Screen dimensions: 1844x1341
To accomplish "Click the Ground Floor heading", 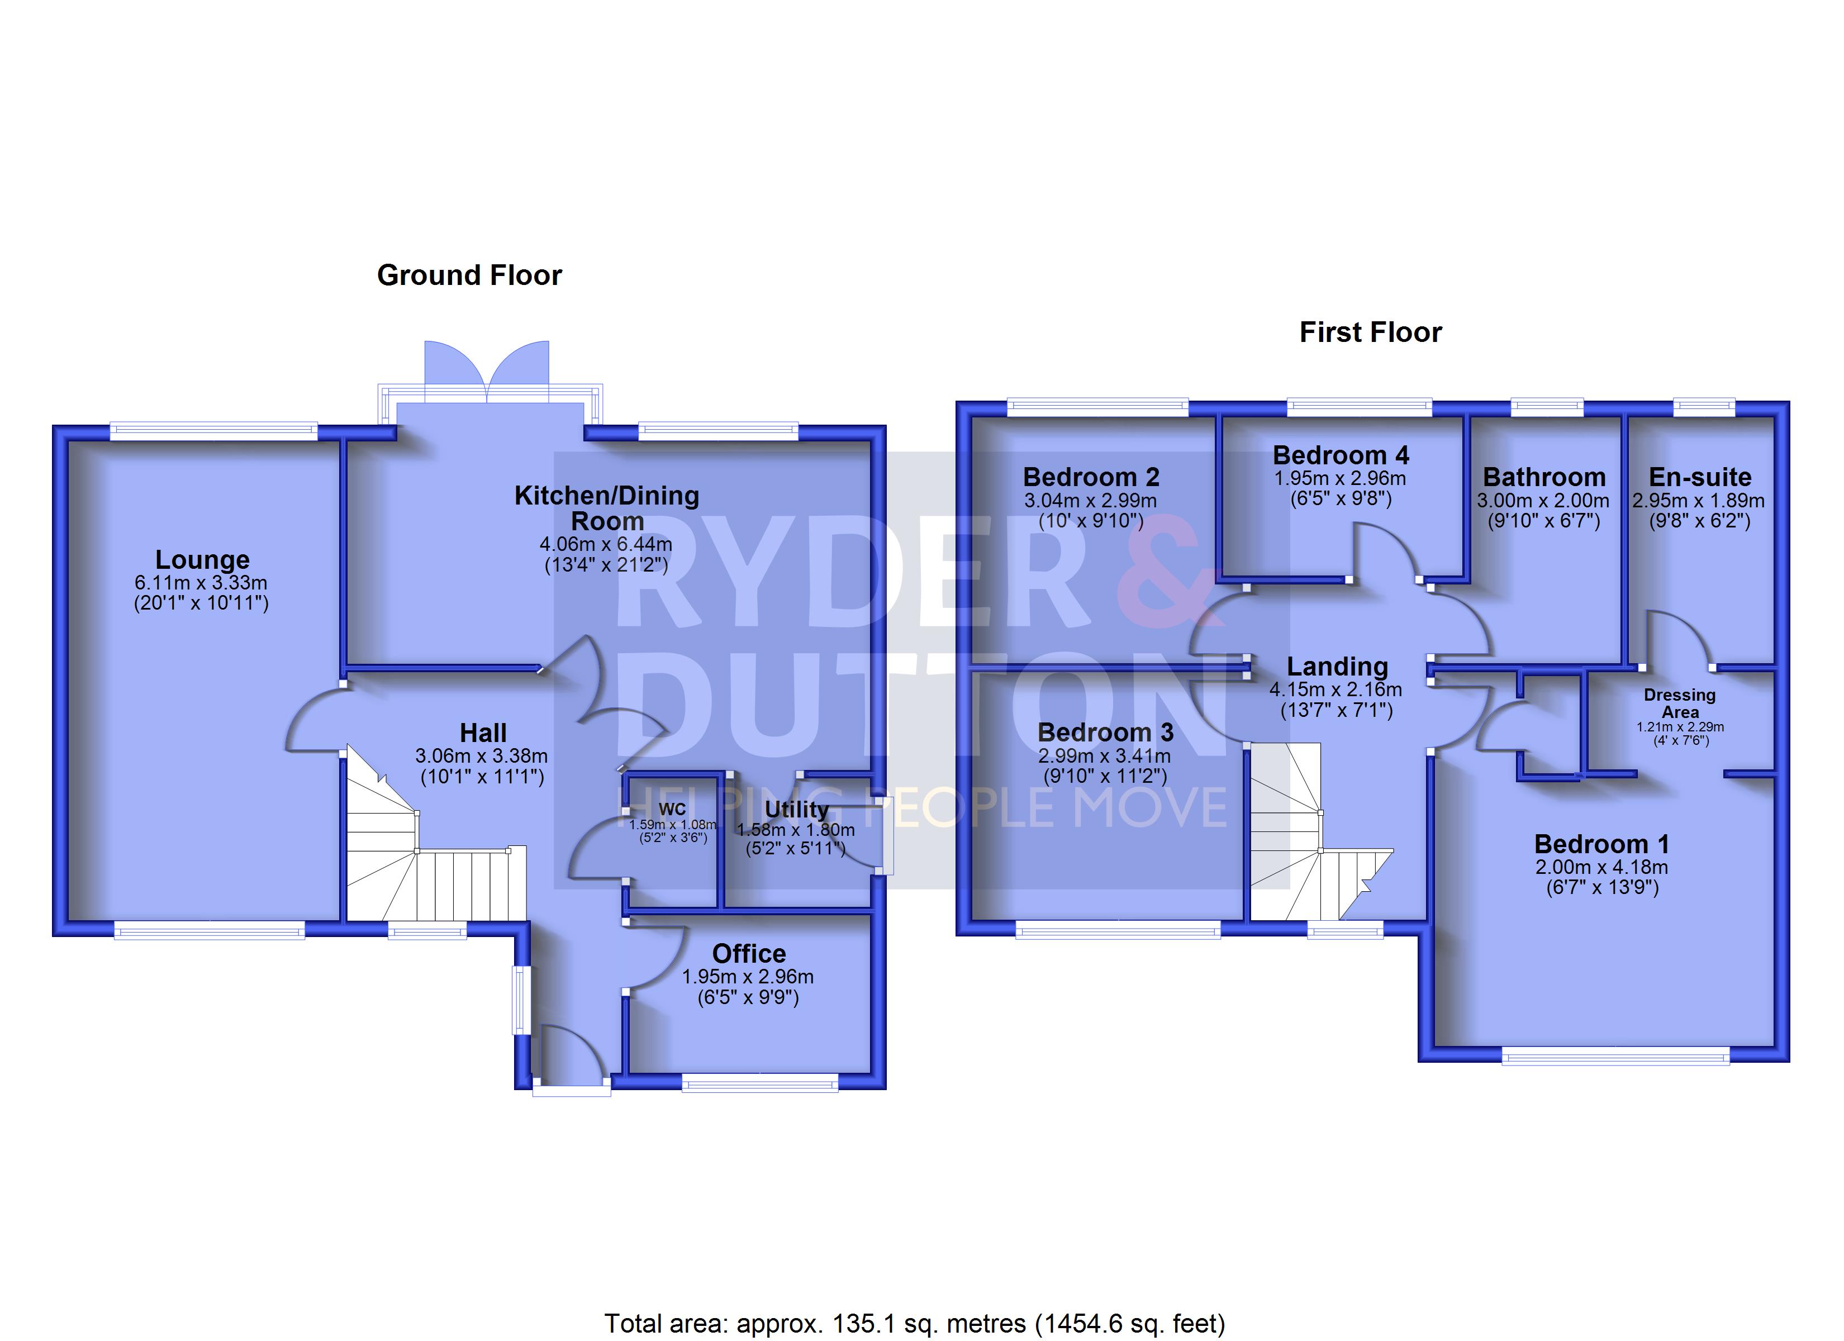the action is (469, 275).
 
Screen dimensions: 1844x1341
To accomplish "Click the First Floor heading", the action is (1371, 332).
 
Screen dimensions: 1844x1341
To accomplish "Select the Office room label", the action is (749, 953).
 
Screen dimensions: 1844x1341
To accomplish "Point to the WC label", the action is (672, 809).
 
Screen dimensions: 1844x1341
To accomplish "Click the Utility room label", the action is (797, 810).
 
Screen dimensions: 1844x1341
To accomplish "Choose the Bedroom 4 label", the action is (1341, 455).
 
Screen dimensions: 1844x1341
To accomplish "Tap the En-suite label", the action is (1700, 477).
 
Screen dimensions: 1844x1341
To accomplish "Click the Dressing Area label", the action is (1680, 703).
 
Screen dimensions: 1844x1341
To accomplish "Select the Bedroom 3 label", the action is (1106, 733).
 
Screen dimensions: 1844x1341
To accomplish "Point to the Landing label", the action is (1338, 667).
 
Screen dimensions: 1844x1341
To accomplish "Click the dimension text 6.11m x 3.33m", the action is (201, 583).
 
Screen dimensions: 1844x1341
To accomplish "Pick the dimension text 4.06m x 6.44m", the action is (606, 544).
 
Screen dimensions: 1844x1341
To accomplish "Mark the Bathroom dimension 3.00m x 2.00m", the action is (1543, 501).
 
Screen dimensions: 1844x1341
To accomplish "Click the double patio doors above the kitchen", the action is (487, 372).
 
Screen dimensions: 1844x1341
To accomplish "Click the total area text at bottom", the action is (915, 1324).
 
